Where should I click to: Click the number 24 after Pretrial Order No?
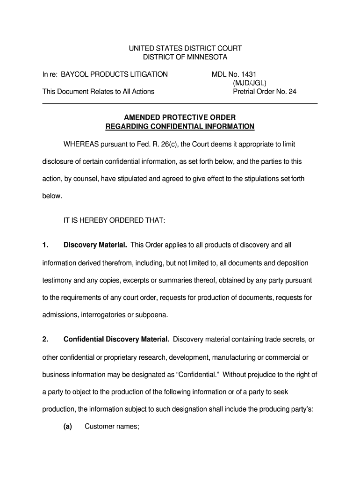click(x=292, y=92)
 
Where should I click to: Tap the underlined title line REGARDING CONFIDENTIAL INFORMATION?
click(x=180, y=126)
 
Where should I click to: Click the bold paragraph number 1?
click(x=45, y=245)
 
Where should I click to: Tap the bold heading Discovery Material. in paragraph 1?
click(x=95, y=245)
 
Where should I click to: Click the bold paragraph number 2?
click(x=45, y=340)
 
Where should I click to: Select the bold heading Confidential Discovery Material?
click(x=116, y=340)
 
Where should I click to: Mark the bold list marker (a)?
click(x=67, y=427)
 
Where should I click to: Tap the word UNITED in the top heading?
click(x=141, y=48)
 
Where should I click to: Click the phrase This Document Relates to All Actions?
click(x=98, y=92)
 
